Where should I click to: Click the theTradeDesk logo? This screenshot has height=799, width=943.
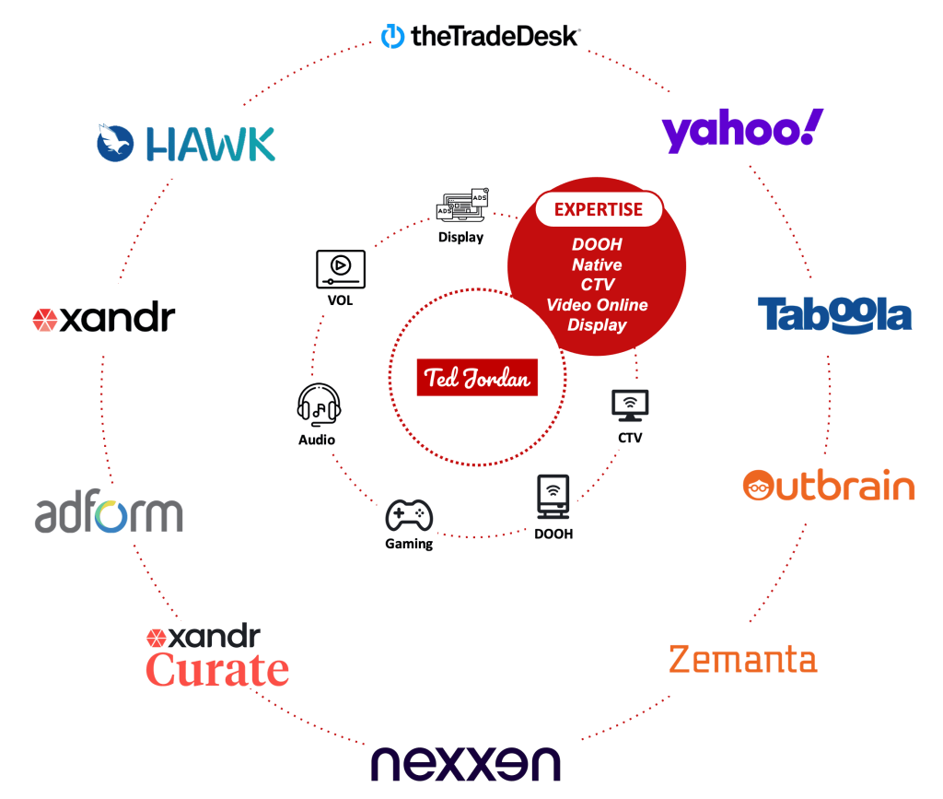[481, 37]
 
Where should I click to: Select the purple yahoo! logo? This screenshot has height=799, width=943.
[738, 129]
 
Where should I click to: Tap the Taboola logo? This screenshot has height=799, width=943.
[834, 314]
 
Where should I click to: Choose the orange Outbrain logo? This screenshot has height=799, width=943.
[829, 486]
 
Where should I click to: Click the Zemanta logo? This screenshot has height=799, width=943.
[742, 660]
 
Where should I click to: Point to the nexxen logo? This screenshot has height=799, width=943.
[465, 763]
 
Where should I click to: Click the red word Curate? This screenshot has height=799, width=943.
[217, 670]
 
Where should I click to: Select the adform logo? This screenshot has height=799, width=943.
[110, 512]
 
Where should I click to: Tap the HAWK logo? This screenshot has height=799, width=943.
[187, 144]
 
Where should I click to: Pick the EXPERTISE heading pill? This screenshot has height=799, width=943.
[599, 209]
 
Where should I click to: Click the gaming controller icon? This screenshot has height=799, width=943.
[409, 515]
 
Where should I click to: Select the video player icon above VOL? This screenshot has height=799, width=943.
[341, 267]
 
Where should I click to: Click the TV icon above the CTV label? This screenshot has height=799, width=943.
[630, 406]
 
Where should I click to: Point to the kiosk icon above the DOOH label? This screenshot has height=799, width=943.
[552, 498]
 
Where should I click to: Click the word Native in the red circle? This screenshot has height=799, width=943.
[597, 264]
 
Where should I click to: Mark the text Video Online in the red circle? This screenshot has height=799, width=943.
[597, 305]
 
